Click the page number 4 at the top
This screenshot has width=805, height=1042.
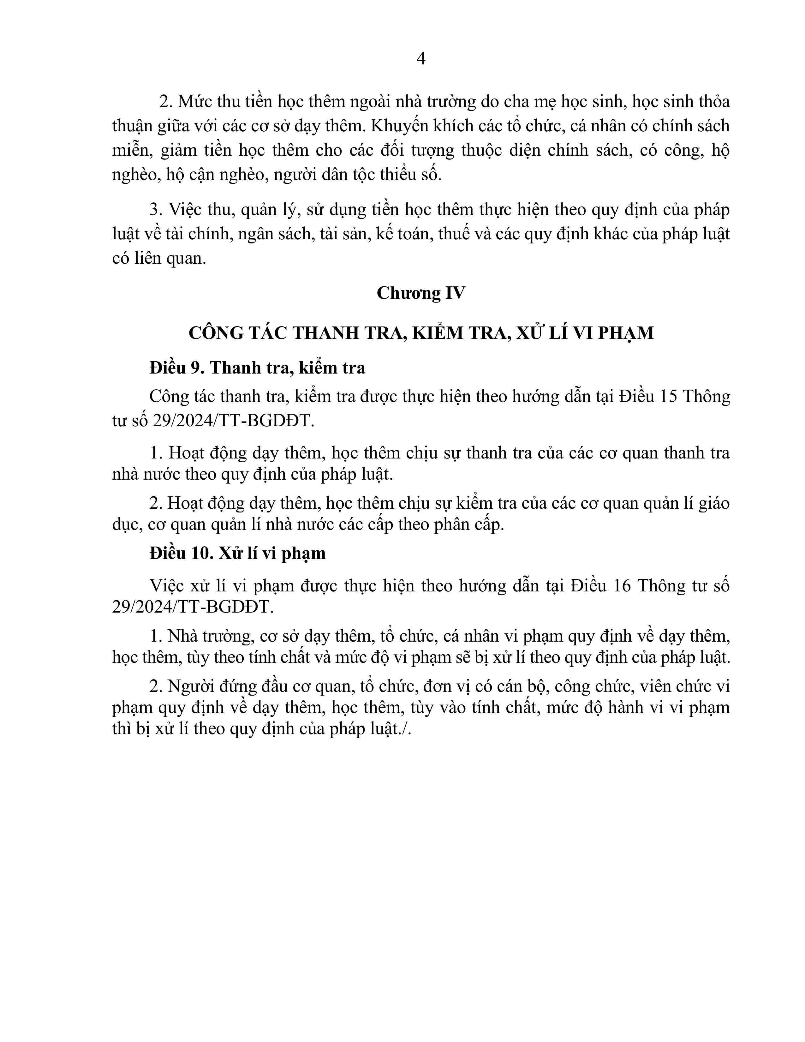click(420, 59)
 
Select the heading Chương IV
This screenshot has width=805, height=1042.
click(420, 293)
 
